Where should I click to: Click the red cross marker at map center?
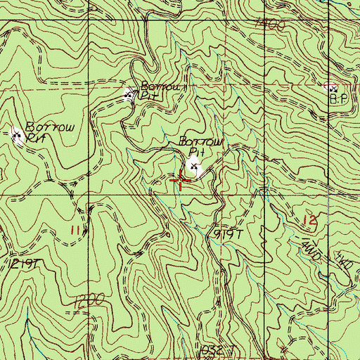181,181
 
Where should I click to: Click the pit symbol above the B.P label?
333,89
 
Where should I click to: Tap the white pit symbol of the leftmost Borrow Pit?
18,134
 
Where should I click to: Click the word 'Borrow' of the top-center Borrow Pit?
162,86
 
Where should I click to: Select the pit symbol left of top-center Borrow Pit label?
129,94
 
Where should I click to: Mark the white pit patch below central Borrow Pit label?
195,169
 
